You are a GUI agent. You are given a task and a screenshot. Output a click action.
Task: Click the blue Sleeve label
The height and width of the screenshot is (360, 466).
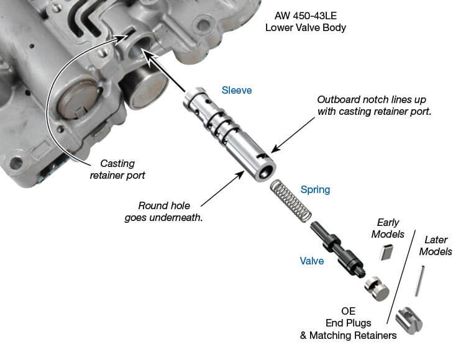tap(237, 90)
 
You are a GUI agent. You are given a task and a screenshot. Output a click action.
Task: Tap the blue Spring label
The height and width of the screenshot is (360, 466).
tap(315, 189)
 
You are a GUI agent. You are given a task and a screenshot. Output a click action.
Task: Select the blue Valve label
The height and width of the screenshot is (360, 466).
tap(312, 261)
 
